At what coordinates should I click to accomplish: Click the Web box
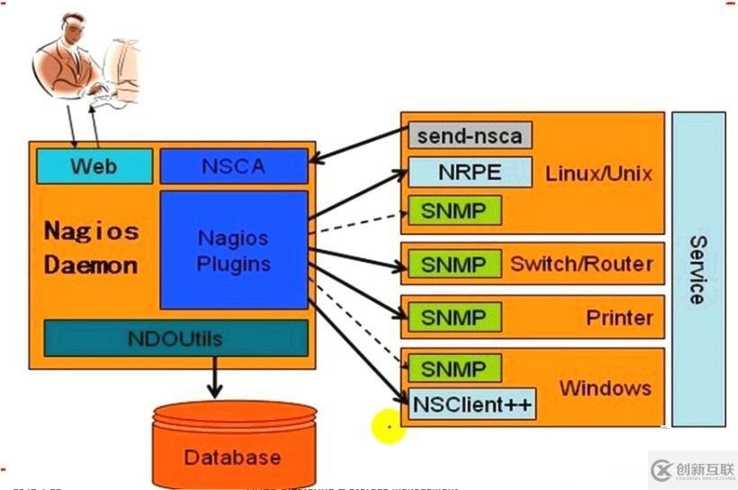94,166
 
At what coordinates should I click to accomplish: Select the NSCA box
234,166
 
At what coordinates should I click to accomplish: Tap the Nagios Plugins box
234,250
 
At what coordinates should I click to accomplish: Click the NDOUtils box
175,339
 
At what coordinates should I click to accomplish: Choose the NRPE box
470,173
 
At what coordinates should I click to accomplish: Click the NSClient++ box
472,404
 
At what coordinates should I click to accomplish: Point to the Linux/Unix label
598,174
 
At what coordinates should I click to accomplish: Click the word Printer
619,317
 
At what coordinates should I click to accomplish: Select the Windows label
605,388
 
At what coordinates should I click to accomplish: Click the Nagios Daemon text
91,248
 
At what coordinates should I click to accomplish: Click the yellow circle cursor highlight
388,426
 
